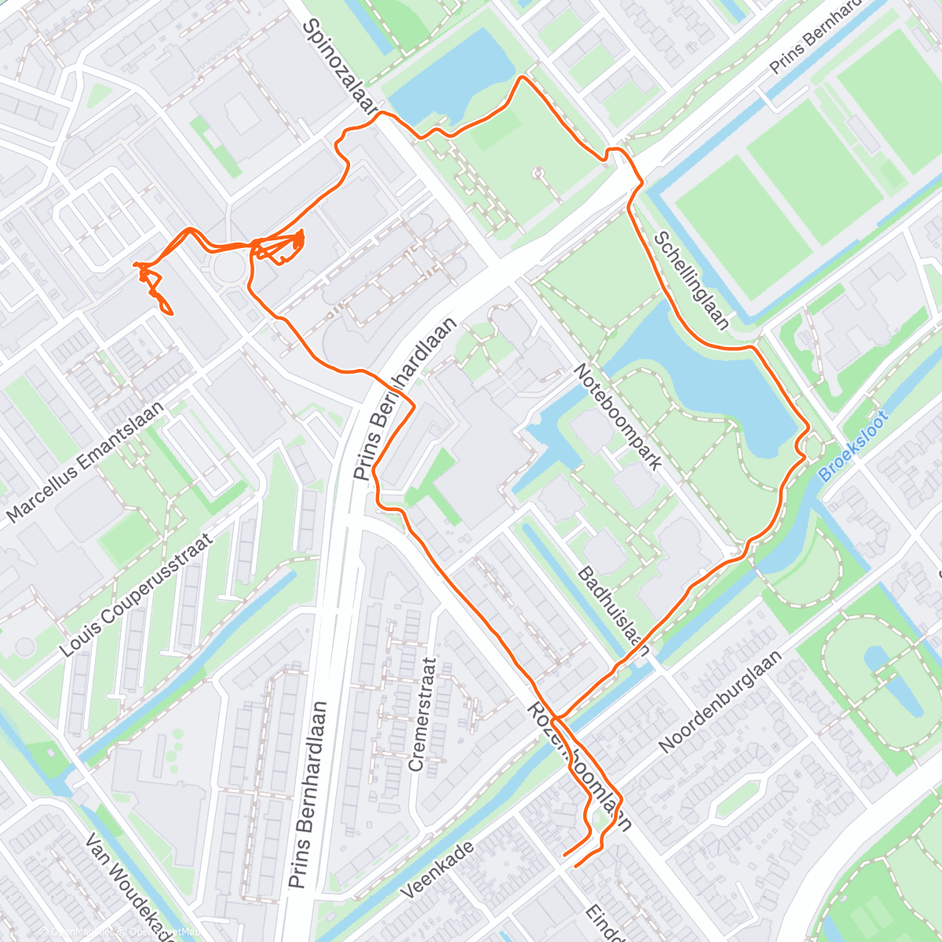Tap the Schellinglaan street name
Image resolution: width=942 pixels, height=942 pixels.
point(692,279)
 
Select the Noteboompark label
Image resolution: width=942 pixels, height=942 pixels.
point(617,417)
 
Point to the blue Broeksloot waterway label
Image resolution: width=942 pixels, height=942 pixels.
point(853,447)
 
